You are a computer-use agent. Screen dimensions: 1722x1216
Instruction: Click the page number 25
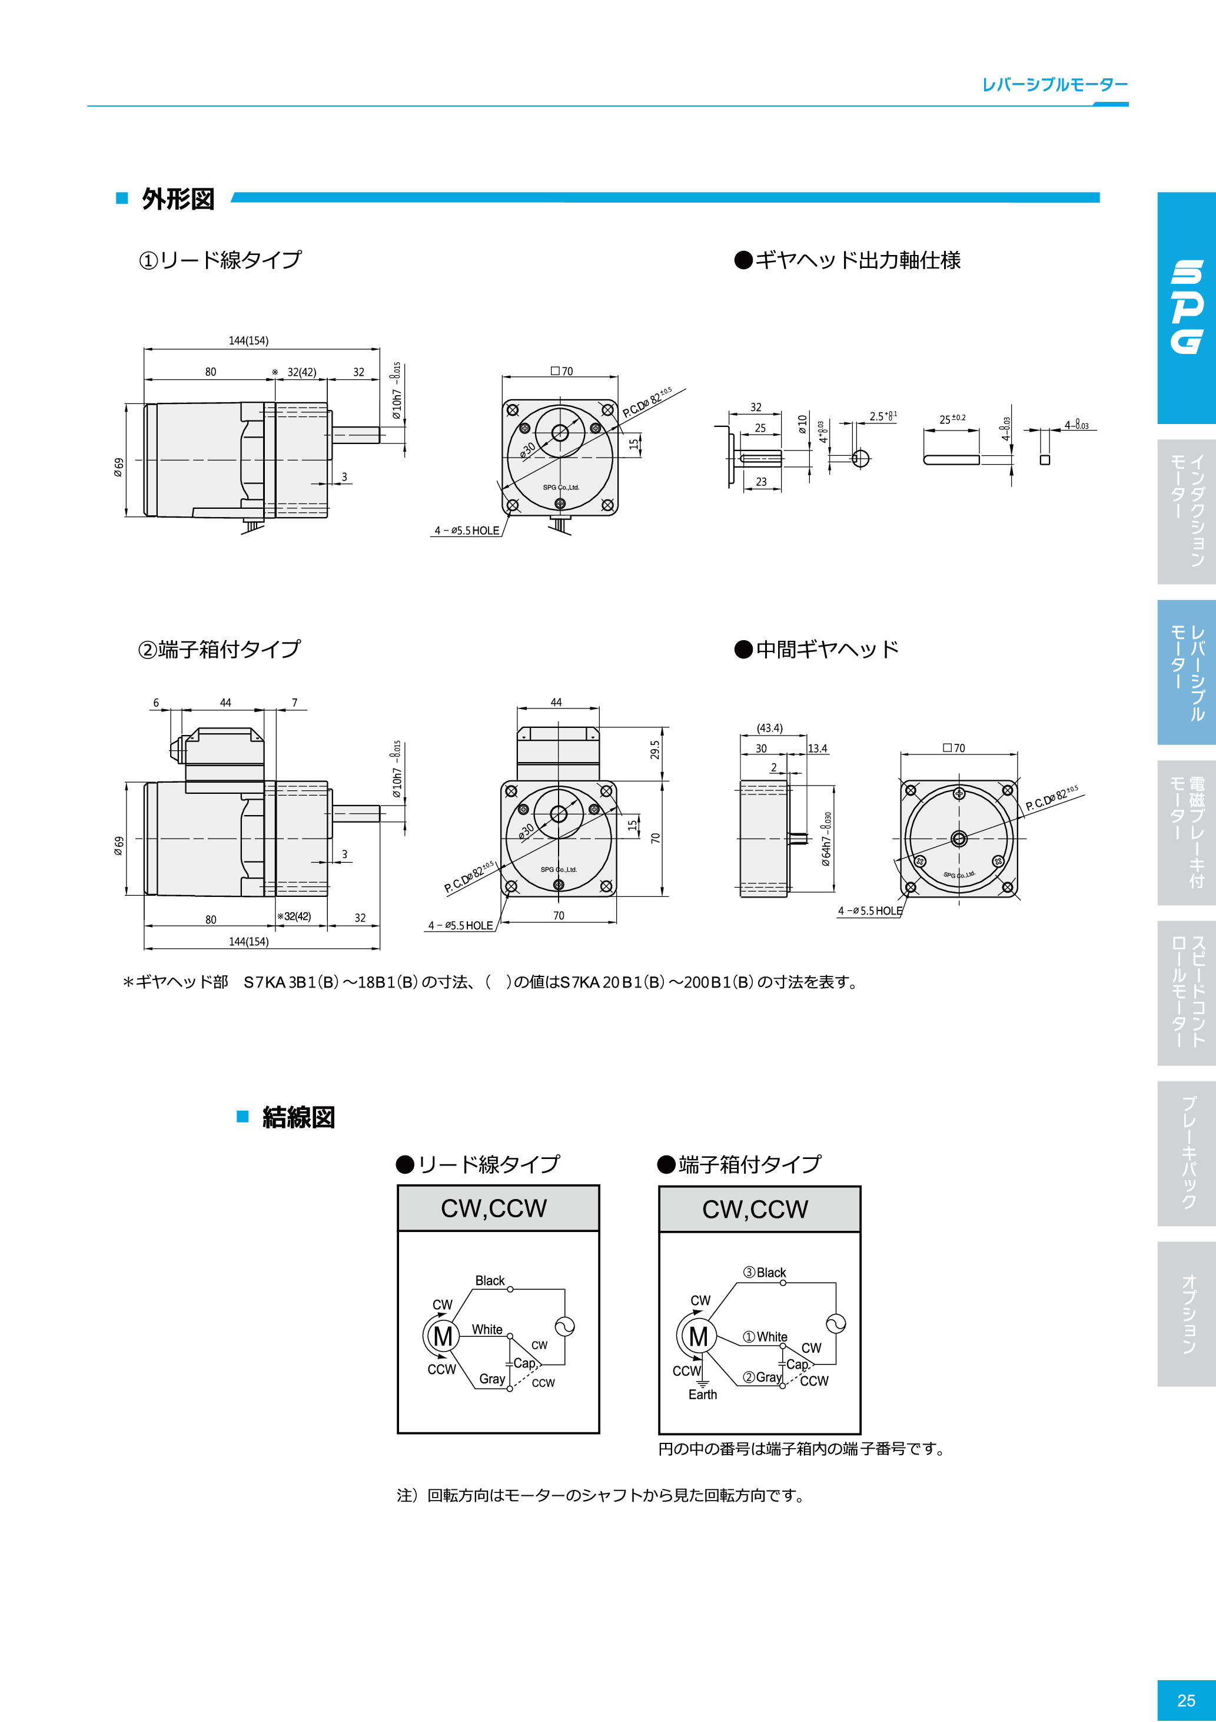pos(1186,1700)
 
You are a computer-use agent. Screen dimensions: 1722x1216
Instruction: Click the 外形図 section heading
pos(178,200)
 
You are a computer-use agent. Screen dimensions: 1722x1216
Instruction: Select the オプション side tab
pos(1188,1313)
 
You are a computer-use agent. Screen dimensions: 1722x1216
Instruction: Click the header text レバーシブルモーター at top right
pos(1055,85)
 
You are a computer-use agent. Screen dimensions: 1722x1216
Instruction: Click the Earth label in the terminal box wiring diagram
pos(702,1394)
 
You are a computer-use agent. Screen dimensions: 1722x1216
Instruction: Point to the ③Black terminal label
pos(765,1273)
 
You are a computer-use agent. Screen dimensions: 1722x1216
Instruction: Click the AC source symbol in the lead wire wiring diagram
pos(564,1326)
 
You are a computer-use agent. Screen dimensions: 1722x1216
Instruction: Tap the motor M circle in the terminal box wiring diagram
pos(698,1336)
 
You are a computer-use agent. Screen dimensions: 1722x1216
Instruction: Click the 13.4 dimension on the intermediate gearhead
pos(817,749)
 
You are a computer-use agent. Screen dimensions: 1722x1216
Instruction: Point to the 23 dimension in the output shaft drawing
pos(761,482)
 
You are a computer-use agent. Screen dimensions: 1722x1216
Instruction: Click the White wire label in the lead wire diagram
pos(487,1329)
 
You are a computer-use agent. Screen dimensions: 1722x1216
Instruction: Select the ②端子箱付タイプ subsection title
pos(219,649)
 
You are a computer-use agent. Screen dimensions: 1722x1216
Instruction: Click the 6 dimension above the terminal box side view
pos(156,703)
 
